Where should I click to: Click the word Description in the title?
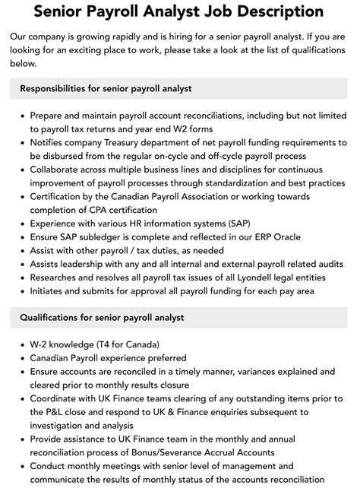267,12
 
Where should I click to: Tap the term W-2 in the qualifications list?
41,344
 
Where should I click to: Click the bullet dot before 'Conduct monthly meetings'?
21,466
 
